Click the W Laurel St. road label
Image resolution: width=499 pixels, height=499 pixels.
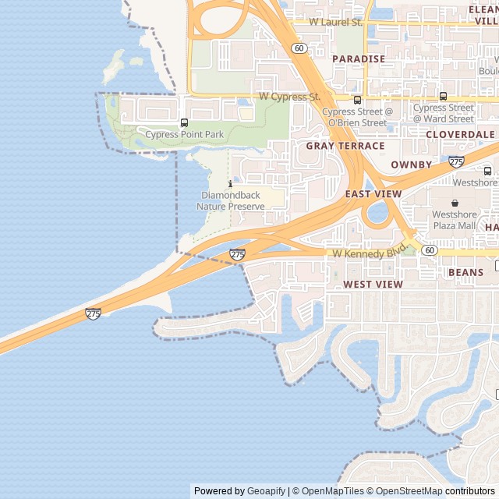(x=336, y=22)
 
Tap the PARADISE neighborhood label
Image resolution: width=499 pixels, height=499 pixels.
(x=359, y=58)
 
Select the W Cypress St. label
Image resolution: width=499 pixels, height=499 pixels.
(x=290, y=97)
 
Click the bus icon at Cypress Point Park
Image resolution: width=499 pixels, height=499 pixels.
(x=184, y=122)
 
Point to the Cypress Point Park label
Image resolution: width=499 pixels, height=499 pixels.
(x=185, y=135)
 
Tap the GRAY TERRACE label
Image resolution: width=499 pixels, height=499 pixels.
(x=345, y=146)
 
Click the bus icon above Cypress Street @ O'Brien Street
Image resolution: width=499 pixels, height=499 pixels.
(x=357, y=100)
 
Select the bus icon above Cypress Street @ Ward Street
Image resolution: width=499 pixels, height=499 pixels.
(x=443, y=97)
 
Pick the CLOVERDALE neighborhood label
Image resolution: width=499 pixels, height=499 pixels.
(x=461, y=134)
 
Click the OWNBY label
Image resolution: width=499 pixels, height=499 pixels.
(x=411, y=165)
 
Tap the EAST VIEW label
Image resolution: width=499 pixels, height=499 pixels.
(x=373, y=193)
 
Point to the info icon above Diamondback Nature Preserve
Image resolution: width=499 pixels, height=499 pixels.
(x=230, y=184)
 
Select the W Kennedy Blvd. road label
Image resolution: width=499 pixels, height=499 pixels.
(x=370, y=253)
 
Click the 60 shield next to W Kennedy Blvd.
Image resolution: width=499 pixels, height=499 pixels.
(x=430, y=249)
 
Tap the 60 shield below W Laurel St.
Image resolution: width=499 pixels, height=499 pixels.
(x=299, y=48)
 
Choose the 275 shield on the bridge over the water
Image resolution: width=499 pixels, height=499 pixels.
(x=93, y=313)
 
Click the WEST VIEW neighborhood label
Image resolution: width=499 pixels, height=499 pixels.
(x=373, y=285)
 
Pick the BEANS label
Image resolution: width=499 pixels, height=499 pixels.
(x=465, y=272)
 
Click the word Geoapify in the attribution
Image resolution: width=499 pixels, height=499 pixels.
(x=266, y=491)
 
